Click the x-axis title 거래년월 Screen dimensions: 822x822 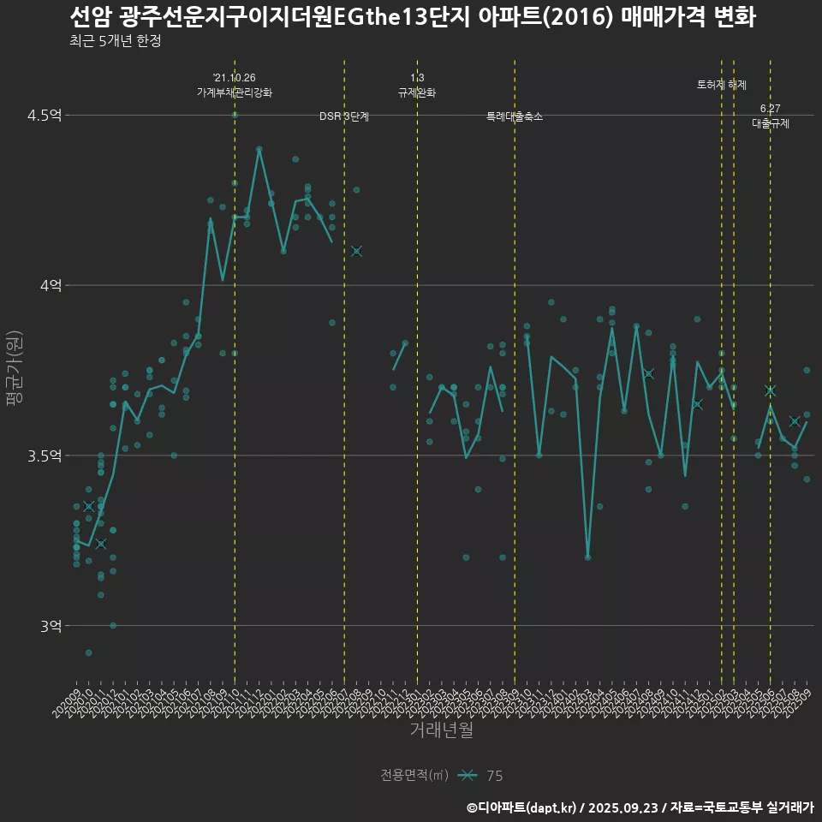440,730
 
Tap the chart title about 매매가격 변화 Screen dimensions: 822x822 412,16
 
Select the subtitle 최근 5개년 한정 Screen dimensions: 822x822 115,41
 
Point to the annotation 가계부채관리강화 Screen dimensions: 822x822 235,92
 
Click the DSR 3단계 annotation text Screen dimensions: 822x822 344,116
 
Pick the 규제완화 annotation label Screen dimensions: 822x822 417,92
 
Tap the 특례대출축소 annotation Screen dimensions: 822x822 515,116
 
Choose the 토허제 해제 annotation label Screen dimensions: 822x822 722,86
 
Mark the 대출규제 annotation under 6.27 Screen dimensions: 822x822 771,123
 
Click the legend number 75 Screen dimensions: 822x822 495,776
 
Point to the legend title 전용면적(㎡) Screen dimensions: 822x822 414,776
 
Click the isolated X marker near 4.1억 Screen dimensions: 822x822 356,251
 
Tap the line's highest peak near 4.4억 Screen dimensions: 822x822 259,149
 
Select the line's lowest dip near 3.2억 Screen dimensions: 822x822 587,557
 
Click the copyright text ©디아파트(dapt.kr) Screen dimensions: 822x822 522,807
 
